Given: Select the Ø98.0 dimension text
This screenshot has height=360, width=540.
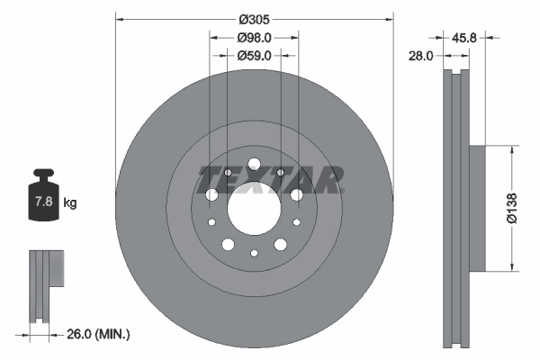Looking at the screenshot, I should coord(255,38).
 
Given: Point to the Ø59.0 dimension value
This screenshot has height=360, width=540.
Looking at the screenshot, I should coord(255,55).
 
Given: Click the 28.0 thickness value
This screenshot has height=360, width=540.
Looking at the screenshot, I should coord(420,55).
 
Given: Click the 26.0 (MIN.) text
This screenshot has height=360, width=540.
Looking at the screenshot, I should coord(99,334).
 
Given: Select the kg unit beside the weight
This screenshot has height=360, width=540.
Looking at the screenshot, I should coord(70,203).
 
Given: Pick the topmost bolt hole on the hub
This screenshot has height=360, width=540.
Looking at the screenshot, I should coord(254,164).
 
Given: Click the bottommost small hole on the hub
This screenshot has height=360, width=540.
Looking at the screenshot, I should coord(254,255).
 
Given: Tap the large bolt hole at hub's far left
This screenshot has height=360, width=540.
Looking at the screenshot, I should coord(212,194).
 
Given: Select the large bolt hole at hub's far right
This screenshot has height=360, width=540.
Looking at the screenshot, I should coord(296,194).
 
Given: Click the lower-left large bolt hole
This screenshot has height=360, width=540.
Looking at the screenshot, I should coord(228,243).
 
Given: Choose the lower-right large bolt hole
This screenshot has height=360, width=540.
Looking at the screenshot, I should coord(280,243).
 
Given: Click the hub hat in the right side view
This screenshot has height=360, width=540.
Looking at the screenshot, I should coord(476,207).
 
